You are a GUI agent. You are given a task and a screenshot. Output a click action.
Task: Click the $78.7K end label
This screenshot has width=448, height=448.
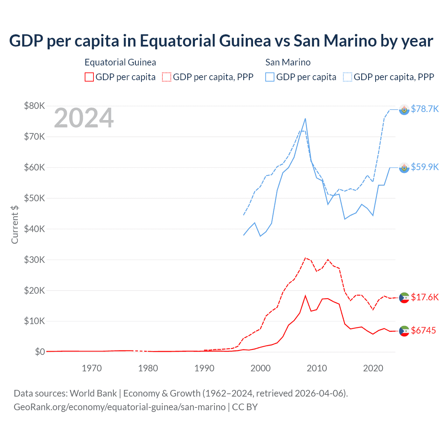(x=425, y=109)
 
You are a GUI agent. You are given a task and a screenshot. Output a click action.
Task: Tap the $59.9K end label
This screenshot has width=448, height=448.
(x=425, y=167)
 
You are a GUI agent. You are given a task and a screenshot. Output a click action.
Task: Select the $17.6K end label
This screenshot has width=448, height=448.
(x=425, y=297)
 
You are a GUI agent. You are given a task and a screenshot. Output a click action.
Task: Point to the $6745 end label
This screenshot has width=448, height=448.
(x=423, y=330)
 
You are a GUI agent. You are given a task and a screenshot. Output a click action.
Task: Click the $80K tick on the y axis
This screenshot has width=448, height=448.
(x=34, y=106)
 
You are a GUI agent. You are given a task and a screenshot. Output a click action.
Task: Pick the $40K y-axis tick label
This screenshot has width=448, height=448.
(x=34, y=229)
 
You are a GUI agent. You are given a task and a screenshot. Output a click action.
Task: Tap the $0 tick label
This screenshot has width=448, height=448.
(x=40, y=352)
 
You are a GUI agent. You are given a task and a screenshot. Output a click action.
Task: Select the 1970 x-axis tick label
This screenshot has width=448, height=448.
(x=92, y=368)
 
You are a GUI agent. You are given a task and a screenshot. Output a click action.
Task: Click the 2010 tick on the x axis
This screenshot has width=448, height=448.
(x=317, y=368)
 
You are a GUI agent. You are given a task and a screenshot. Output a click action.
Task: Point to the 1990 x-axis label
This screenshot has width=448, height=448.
(x=204, y=368)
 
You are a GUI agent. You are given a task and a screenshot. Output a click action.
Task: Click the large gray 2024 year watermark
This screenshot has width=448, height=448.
(x=84, y=118)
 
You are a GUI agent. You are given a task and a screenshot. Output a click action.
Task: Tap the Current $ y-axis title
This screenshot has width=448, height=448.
(x=15, y=224)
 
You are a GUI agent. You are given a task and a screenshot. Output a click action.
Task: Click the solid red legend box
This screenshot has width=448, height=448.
(x=89, y=77)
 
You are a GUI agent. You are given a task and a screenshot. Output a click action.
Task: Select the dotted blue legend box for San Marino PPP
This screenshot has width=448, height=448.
(x=348, y=77)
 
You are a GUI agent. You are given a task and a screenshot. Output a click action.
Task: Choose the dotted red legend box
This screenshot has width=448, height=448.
(x=167, y=77)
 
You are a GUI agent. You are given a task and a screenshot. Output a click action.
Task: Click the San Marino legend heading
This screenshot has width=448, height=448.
(x=288, y=62)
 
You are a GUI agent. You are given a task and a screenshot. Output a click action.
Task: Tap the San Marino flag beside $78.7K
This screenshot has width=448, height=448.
(x=404, y=110)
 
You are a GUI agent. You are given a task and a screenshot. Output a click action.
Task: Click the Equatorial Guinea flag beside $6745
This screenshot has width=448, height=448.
(x=404, y=331)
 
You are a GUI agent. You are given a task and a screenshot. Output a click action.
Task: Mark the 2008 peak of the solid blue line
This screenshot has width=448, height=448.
(x=305, y=119)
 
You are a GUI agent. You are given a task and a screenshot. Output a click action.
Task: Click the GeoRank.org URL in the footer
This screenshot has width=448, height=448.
(x=120, y=407)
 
